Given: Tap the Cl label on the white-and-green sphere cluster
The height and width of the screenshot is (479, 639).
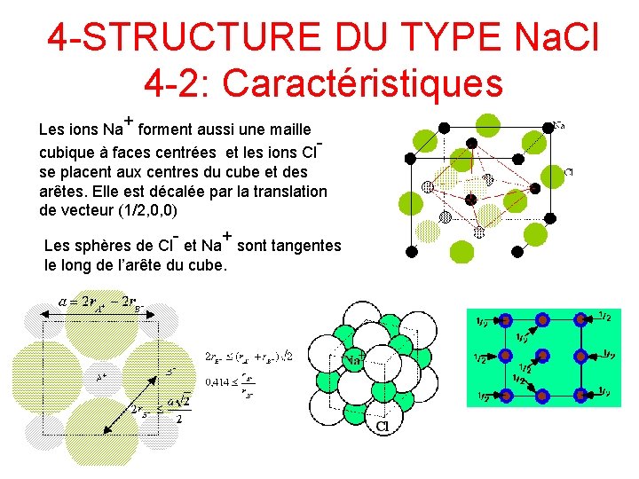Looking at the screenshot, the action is [383, 427].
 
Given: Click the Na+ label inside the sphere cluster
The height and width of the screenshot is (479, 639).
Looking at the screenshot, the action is [355, 359].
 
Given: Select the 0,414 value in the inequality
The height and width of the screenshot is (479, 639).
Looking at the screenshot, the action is [219, 382].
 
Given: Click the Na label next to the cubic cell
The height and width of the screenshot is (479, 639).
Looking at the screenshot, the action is [562, 125].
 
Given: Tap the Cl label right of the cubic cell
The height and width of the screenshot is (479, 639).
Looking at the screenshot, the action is [568, 170].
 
